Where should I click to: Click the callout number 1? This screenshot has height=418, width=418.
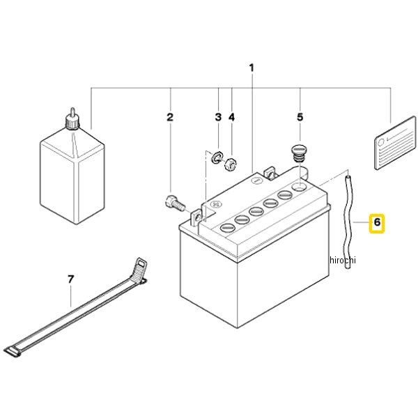pos(251,68)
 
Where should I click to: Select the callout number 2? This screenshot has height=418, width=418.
pos(170,117)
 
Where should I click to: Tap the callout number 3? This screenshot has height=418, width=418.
pos(218,117)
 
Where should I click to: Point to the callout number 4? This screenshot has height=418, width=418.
pos(232,117)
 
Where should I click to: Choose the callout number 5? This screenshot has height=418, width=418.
pos(300,117)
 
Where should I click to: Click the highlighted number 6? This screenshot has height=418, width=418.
pos(377,222)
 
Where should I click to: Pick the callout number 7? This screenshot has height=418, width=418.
pos(70,279)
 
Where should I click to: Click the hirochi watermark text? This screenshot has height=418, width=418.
pos(343,260)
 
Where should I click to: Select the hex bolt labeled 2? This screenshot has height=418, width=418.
pos(175,203)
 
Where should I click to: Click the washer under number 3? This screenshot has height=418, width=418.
pos(217,157)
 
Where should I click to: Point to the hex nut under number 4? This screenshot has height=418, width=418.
pos(231,164)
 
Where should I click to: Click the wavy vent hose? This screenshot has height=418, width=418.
pos(347,222)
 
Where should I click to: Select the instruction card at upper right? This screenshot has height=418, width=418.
pos(395,143)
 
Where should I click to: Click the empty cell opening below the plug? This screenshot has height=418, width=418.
pos(300,186)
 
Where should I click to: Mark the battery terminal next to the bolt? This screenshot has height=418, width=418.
pos(196,218)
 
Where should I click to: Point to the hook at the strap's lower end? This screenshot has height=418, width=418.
pos(13,351)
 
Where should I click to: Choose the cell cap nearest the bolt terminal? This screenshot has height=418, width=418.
pos(227,227)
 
